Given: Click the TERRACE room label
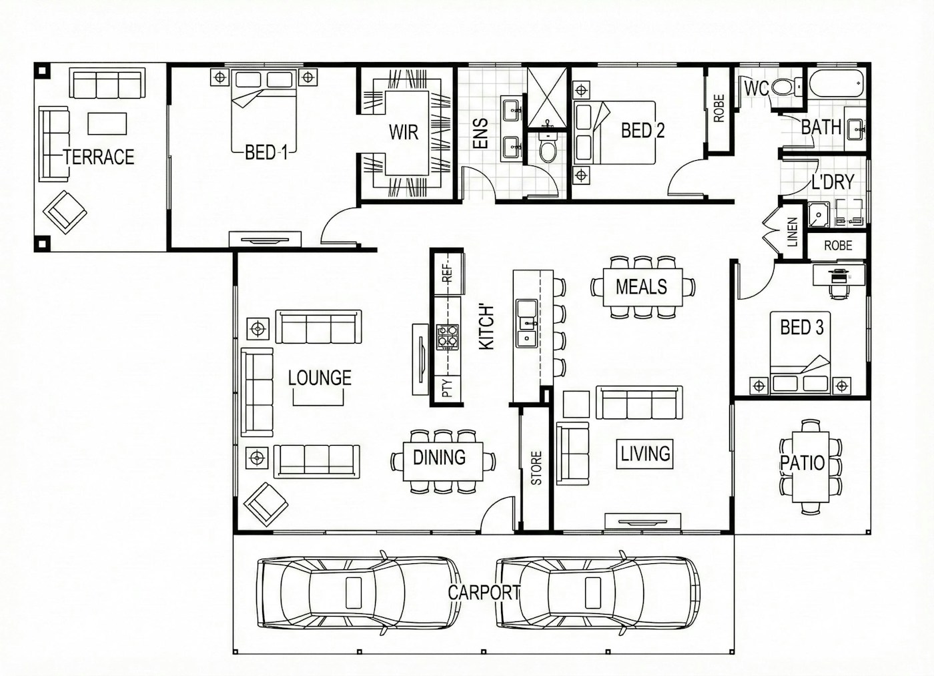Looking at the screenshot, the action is (99, 157).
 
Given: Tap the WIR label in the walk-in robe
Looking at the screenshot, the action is (403, 132).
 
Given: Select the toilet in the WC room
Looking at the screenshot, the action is (786, 87).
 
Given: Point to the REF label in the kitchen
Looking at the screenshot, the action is (447, 273).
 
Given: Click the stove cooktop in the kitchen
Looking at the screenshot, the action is (448, 337).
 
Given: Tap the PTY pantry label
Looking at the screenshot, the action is (447, 388).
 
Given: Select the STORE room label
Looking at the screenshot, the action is (536, 468).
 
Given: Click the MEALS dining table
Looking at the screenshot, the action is (642, 287).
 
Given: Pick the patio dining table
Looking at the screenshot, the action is (810, 466).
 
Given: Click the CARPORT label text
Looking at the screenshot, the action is (484, 592).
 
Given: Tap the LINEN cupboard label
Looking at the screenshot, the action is (792, 232).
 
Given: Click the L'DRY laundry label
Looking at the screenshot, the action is (833, 182).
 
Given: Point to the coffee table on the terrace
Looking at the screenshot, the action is (107, 123).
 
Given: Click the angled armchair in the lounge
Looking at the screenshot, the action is (266, 504).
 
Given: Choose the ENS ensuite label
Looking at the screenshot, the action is (480, 133).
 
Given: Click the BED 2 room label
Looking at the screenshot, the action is (642, 131).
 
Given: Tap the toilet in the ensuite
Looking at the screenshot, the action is (548, 146).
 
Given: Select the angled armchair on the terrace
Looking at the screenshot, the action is (65, 212).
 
